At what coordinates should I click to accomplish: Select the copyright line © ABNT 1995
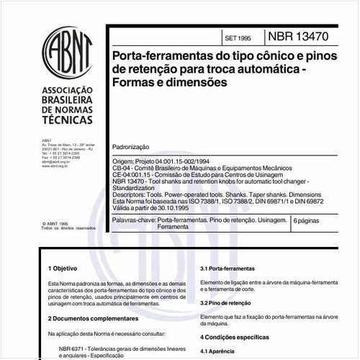(x=59, y=223)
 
